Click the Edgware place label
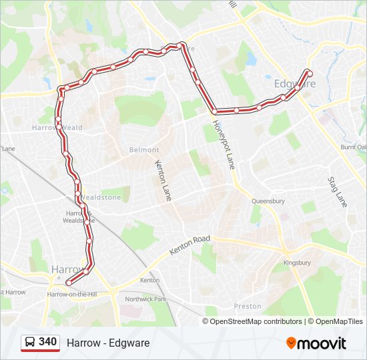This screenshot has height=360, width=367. coord(294,84)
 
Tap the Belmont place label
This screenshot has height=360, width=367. coord(144,150)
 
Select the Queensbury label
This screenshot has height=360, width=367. coord(268,201)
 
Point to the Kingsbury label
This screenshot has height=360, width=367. coord(297,263)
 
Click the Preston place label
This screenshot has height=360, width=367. coord(248,307)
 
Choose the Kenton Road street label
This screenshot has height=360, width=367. coord(190,245)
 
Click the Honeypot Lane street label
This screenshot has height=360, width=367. coord(224,144)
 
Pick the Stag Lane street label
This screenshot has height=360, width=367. coord(338,191)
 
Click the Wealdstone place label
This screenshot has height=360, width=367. coord(101,198)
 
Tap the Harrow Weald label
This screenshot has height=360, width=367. coord(57,127)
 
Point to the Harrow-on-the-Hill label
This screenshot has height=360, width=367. coord(73,294)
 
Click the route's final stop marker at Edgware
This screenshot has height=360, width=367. coord(309,72)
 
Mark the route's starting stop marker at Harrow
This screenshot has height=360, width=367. coord(69,283)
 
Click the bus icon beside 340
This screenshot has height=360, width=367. coord(30,343)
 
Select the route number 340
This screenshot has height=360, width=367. coord(47,342)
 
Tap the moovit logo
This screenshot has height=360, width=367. coord(316,343)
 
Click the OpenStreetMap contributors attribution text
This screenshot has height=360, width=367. coord(256,321)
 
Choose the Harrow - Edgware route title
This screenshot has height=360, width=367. coord(108,343)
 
